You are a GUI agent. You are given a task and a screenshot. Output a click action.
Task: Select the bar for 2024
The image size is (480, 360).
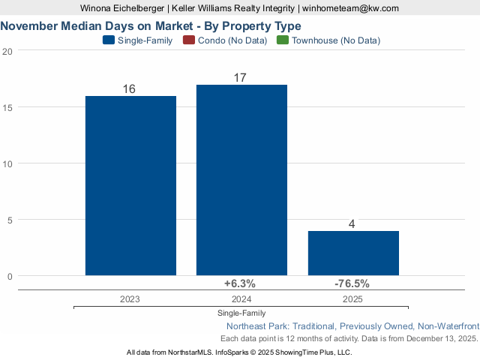point(241,180)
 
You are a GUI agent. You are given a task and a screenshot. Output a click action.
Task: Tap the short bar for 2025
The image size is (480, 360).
point(353,253)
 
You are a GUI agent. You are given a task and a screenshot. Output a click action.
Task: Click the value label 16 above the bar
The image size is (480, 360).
point(129,89)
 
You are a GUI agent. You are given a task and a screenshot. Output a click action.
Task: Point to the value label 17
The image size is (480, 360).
point(241,78)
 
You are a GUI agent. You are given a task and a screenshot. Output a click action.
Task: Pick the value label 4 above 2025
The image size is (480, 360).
point(352,224)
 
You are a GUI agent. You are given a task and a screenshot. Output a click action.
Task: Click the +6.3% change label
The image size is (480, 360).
point(240,283)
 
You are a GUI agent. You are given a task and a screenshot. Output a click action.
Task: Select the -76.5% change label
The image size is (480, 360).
point(352,283)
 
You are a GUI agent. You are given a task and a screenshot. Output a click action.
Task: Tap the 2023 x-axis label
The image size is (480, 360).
point(130,298)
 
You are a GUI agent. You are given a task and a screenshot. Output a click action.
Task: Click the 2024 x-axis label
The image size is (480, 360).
point(241,298)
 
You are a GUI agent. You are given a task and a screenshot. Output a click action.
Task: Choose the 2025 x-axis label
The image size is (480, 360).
point(352,298)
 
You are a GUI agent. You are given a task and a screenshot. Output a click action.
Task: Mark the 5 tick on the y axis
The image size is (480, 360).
point(9,220)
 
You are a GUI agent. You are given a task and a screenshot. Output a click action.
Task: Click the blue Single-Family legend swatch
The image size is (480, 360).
point(108,40)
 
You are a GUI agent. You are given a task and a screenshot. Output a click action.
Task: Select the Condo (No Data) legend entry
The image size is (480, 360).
point(226,40)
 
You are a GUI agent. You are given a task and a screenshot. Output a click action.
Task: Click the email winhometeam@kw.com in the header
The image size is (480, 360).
point(350,7)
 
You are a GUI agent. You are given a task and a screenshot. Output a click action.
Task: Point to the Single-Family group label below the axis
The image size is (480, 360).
point(241,313)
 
